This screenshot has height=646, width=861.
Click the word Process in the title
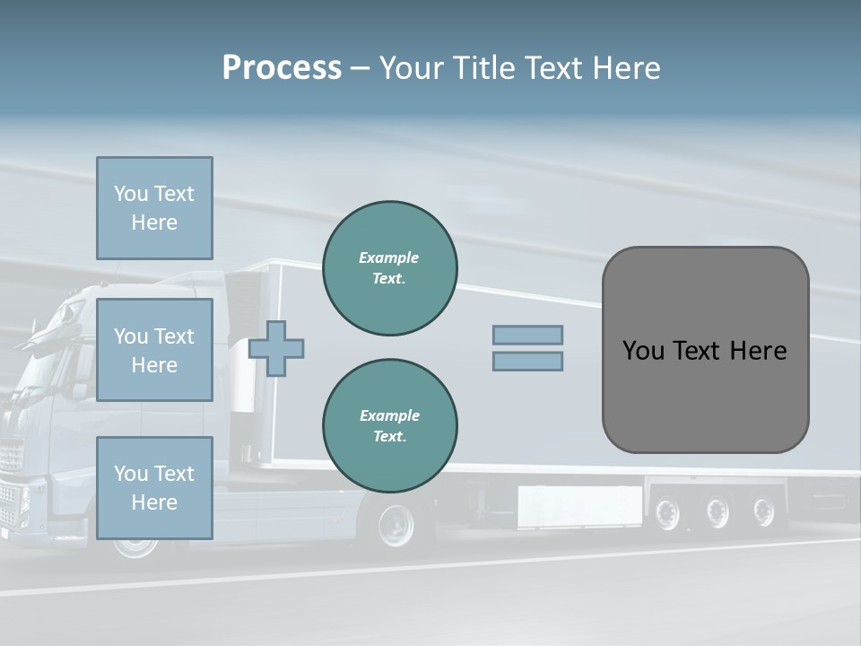pyautogui.click(x=282, y=68)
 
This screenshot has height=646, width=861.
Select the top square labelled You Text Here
pyautogui.click(x=154, y=208)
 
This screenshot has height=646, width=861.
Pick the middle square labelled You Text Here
pyautogui.click(x=154, y=350)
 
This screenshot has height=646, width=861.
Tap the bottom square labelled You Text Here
pyautogui.click(x=154, y=488)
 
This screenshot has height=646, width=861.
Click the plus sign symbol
pyautogui.click(x=276, y=348)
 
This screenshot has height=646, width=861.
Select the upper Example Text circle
pyautogui.click(x=389, y=268)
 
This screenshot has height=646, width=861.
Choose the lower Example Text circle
pyautogui.click(x=389, y=426)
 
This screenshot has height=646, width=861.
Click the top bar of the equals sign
pyautogui.click(x=527, y=335)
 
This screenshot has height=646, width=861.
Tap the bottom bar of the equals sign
pyautogui.click(x=527, y=362)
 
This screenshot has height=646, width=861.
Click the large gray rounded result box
pyautogui.click(x=705, y=350)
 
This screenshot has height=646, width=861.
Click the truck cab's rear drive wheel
pyautogui.click(x=396, y=525)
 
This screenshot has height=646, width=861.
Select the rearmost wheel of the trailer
pyautogui.click(x=763, y=512)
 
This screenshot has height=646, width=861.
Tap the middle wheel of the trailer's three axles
pyautogui.click(x=717, y=512)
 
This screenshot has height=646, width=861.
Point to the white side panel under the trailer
pyautogui.click(x=579, y=506)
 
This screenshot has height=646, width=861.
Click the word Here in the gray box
pyautogui.click(x=758, y=351)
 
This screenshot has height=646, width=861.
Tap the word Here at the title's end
pyautogui.click(x=628, y=68)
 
